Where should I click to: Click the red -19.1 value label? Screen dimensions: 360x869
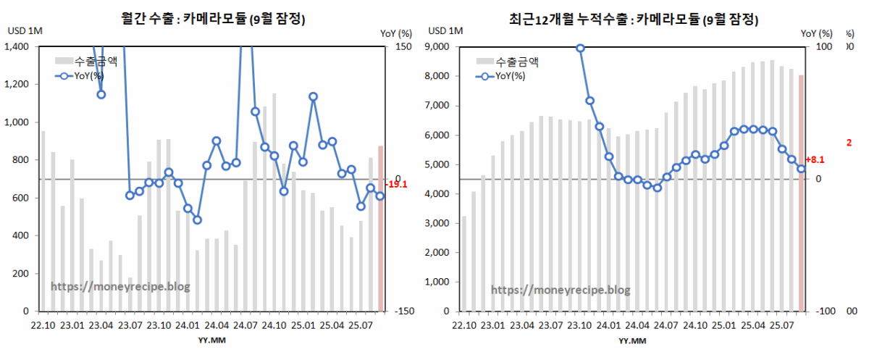pos(397,184)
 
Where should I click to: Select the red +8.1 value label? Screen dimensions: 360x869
pos(815,159)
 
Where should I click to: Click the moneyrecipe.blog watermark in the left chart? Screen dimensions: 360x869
pos(120,286)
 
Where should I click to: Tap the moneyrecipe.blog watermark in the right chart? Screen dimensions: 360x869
pos(561,290)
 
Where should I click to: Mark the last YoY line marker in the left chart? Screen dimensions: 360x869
pos(380,196)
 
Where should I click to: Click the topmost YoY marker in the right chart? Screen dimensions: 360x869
pos(580,48)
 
